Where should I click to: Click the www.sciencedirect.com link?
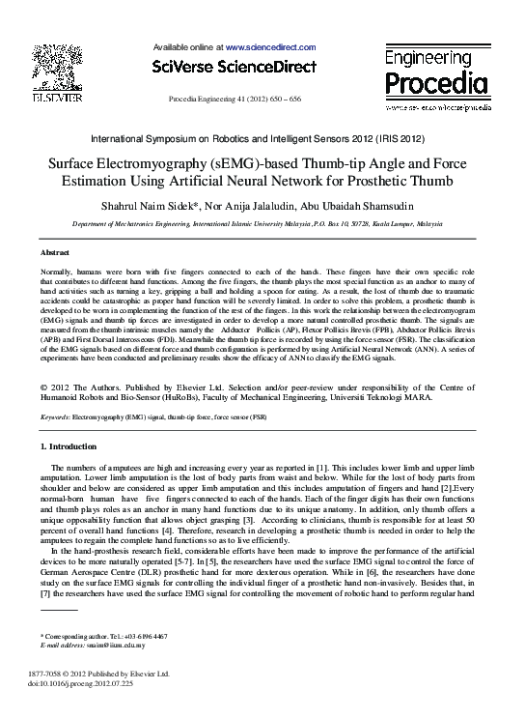pyautogui.click(x=270, y=46)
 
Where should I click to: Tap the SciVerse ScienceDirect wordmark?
pyautogui.click(x=235, y=67)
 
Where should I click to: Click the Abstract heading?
pyautogui.click(x=55, y=251)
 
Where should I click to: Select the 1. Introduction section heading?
pyautogui.click(x=68, y=446)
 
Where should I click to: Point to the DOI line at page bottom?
pyautogui.click(x=80, y=683)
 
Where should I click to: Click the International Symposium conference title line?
pyautogui.click(x=262, y=139)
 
